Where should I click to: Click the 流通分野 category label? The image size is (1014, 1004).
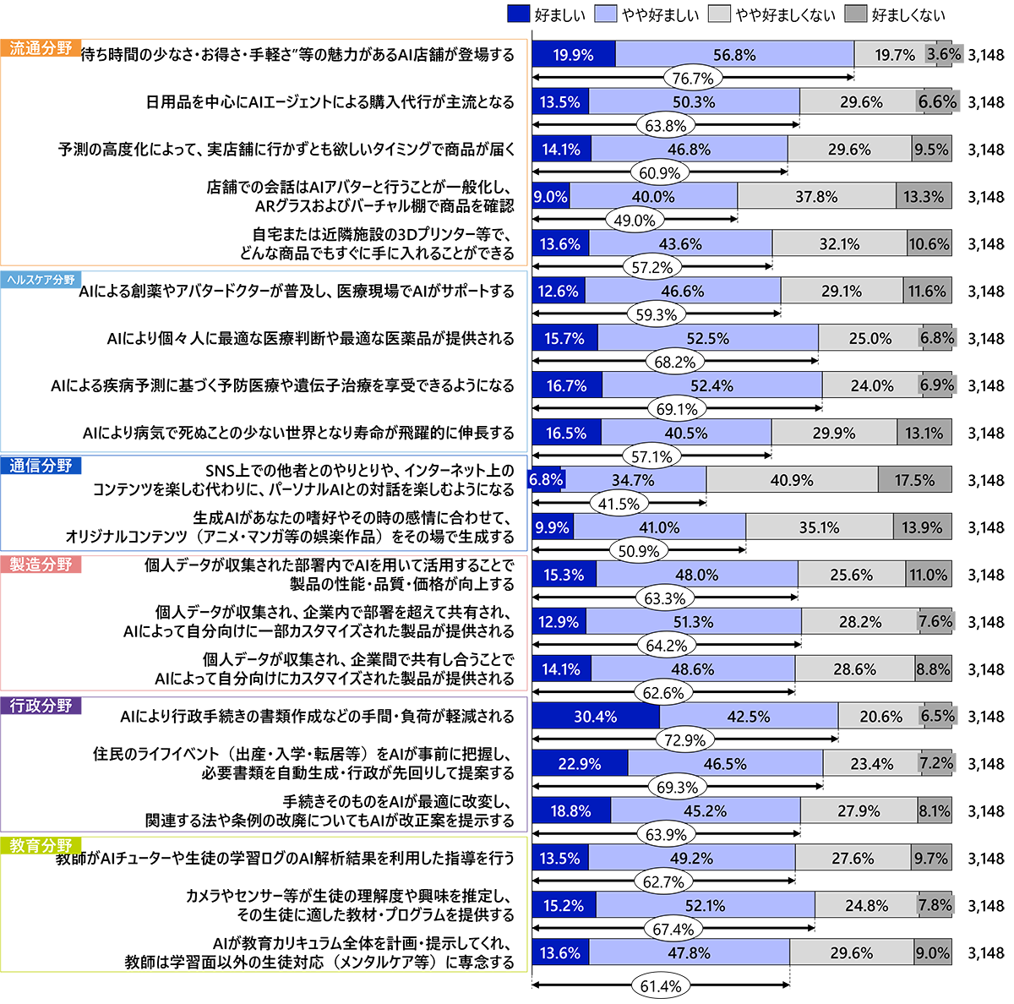point(41,48)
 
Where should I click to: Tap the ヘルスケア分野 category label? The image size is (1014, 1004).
point(41,280)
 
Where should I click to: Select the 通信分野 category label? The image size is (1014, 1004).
point(41,466)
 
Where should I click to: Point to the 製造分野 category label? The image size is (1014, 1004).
point(41,564)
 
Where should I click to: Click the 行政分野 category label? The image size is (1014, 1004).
point(41,705)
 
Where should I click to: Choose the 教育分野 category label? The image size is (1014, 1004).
point(41,845)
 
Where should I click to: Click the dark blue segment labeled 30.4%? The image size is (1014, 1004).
point(596,717)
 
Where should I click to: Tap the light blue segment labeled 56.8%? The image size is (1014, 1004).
point(734,55)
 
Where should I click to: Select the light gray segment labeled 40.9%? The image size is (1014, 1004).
point(792,480)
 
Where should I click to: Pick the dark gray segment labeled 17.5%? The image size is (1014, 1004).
point(914,480)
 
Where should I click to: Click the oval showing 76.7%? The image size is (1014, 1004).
point(693,79)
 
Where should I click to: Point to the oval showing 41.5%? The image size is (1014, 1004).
point(619,504)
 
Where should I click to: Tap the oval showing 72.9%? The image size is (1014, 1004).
point(684,740)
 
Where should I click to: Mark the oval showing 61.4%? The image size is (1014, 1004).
point(660,986)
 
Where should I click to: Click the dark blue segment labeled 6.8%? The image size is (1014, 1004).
point(546,480)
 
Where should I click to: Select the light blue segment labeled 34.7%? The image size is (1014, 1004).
point(634,480)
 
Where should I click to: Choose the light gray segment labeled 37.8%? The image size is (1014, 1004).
point(816,197)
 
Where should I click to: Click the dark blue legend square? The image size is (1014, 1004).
point(519,14)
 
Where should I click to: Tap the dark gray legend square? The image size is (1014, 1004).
point(856,14)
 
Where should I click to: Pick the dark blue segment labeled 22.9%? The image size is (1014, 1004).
point(580,764)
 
